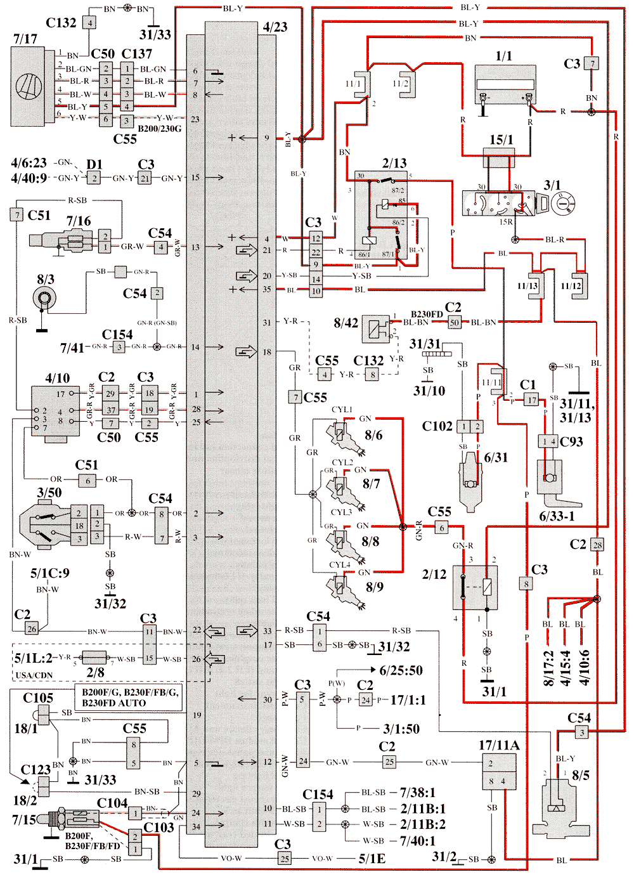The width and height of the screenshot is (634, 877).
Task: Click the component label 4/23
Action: point(275,27)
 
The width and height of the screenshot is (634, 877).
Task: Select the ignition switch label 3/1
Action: point(552,185)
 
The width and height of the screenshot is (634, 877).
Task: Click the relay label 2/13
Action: point(394,163)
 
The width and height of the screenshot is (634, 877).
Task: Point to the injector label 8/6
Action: point(373,435)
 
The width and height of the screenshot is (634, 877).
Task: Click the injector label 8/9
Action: point(374,587)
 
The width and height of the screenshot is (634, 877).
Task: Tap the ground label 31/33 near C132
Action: point(155,34)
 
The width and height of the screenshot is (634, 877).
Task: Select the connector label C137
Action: point(137,54)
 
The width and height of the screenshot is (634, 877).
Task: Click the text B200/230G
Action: point(159,129)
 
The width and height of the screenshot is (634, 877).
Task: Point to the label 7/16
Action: point(79,221)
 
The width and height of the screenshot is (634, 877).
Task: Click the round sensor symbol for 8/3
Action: point(45,297)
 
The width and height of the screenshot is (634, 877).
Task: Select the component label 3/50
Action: point(49,492)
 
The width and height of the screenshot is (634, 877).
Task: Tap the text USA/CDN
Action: point(34,675)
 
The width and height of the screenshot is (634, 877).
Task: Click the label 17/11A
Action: point(499,745)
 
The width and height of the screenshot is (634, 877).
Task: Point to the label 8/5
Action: point(581,775)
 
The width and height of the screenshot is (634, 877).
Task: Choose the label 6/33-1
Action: point(557,516)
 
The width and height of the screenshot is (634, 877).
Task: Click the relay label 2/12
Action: point(434,574)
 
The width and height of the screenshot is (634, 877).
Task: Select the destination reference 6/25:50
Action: point(401,670)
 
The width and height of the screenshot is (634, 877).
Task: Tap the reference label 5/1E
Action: point(372,859)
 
